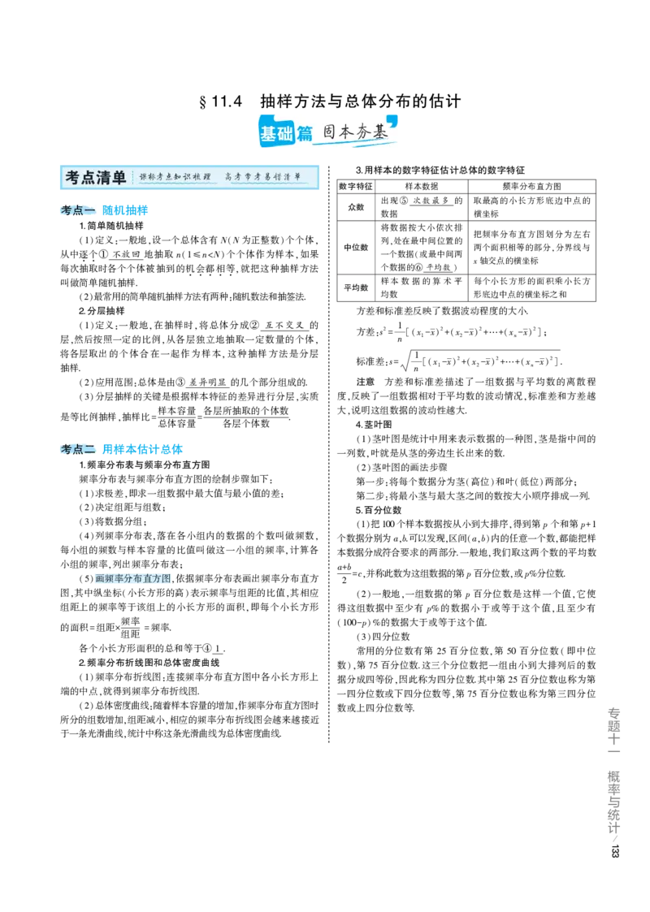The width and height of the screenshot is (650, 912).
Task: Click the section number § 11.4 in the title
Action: (220, 102)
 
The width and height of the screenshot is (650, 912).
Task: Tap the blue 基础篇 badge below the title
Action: (286, 133)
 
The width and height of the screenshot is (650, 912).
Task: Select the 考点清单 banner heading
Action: (96, 177)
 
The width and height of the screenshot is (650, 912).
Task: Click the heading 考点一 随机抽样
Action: (104, 210)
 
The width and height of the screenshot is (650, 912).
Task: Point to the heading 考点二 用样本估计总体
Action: (122, 449)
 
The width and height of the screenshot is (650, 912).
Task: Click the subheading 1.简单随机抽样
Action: (111, 226)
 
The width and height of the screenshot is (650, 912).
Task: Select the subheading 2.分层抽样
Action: (102, 310)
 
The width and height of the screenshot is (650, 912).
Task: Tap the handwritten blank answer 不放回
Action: (126, 254)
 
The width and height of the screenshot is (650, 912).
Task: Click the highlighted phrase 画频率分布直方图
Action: (133, 578)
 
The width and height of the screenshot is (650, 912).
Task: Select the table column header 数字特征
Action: (356, 186)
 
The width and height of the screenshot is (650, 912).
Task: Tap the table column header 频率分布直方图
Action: (532, 186)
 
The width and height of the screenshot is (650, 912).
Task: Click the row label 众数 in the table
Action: (356, 207)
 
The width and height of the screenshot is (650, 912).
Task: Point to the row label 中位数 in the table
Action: (356, 247)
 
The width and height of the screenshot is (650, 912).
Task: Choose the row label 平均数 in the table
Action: (356, 287)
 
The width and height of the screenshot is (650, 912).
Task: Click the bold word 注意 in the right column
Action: (366, 382)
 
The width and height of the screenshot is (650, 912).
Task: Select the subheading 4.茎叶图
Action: (374, 425)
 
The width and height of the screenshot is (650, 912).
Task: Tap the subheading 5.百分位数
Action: (379, 510)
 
